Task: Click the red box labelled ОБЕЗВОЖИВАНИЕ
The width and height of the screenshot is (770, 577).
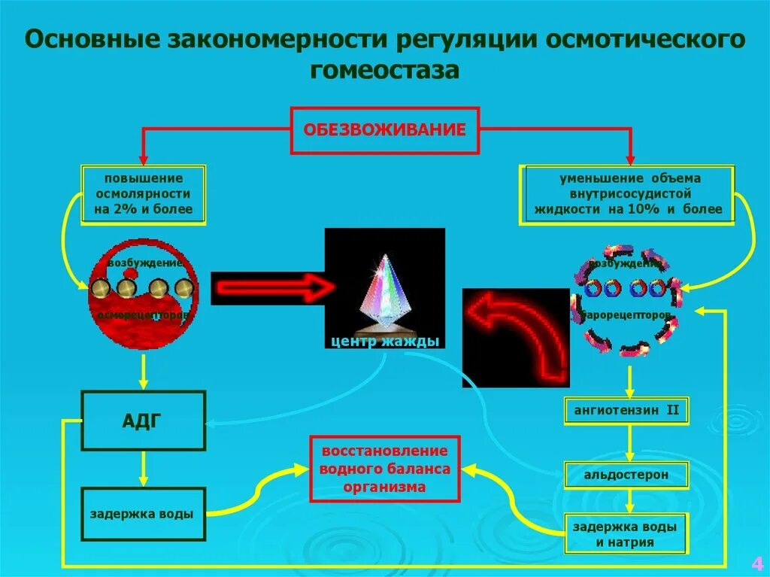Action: point(384,130)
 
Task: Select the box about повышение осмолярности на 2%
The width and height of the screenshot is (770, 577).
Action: point(144,194)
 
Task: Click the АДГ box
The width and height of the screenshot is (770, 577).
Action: point(143,420)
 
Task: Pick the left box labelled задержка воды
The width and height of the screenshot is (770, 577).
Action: point(143,515)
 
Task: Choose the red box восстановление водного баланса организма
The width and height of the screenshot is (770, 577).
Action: point(384,469)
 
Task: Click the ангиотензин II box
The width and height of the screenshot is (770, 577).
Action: point(627,410)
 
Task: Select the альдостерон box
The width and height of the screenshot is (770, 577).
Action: point(627,475)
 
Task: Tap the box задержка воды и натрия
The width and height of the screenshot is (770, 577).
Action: point(627,534)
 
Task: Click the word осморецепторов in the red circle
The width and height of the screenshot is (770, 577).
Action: point(143,315)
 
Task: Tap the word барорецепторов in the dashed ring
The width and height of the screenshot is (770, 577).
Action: point(627,314)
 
